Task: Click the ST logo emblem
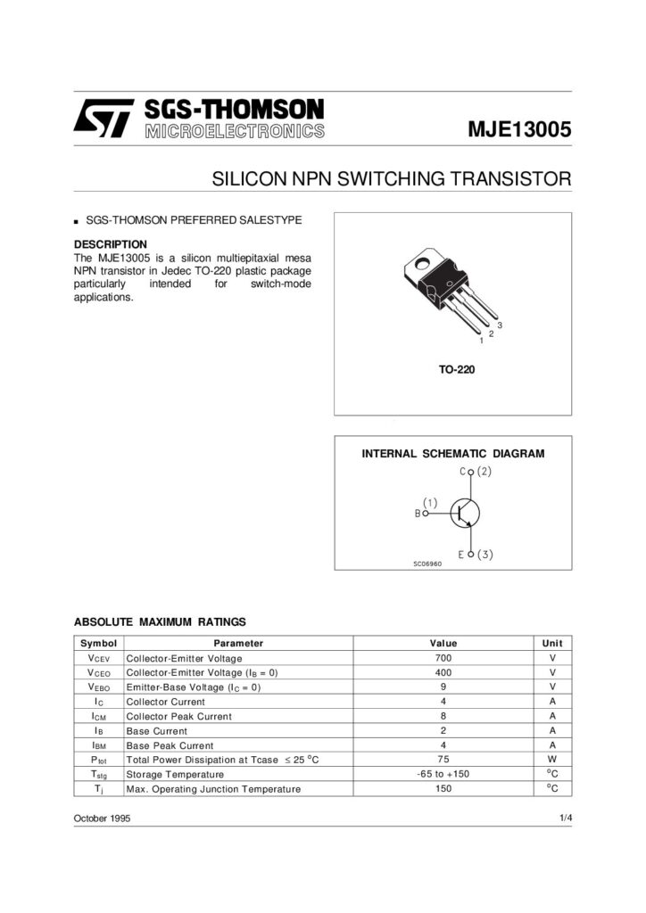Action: pyautogui.click(x=104, y=119)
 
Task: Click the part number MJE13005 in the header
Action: pyautogui.click(x=519, y=128)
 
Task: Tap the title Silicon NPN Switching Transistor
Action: pyautogui.click(x=391, y=178)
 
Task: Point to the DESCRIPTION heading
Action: pyautogui.click(x=110, y=244)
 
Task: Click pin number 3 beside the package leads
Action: pyautogui.click(x=501, y=324)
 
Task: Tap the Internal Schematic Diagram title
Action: pyautogui.click(x=452, y=454)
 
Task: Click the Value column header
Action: pyautogui.click(x=443, y=643)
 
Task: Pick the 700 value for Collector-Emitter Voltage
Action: pyautogui.click(x=443, y=658)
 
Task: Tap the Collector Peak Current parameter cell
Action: pyautogui.click(x=178, y=716)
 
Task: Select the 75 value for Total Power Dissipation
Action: pyautogui.click(x=443, y=760)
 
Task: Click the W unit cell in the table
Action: pyautogui.click(x=552, y=760)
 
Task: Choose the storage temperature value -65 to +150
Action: pyautogui.click(x=443, y=774)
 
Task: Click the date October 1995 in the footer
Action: pyautogui.click(x=102, y=818)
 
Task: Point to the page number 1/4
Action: pyautogui.click(x=565, y=818)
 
